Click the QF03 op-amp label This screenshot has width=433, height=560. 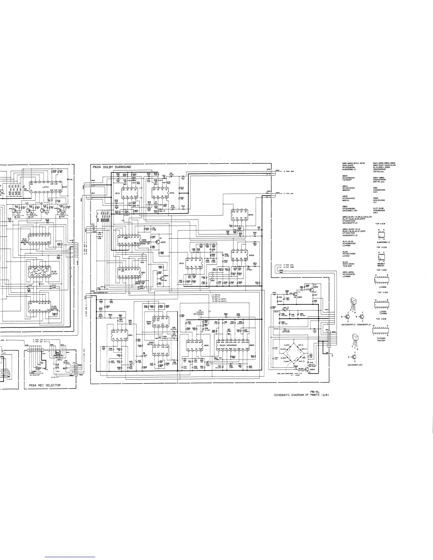tap(250, 215)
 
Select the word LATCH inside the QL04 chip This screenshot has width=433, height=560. tap(46, 187)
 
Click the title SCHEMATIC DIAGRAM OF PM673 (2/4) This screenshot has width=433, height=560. tap(302, 395)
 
